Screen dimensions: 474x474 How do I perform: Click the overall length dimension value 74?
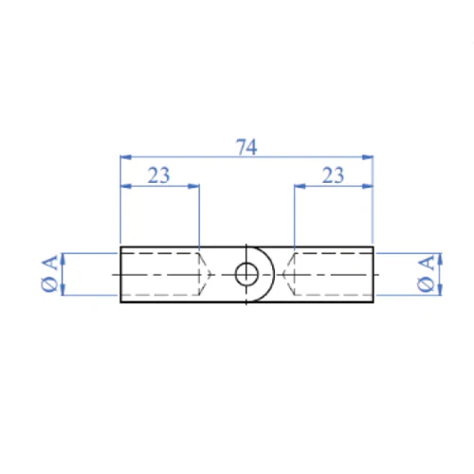point(246,147)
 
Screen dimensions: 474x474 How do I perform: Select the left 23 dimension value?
point(159,174)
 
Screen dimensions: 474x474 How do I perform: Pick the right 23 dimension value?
point(334,174)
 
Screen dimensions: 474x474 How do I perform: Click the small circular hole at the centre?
point(246,274)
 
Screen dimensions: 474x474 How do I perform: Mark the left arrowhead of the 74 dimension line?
point(124,157)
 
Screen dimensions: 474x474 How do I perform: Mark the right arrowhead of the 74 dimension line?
point(370,157)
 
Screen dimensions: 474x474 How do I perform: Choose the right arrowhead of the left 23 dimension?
point(195,186)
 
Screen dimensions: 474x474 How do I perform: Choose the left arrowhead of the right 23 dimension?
point(298,186)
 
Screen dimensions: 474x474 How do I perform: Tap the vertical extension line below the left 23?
point(199,218)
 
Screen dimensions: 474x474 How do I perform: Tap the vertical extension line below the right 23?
point(294,218)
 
